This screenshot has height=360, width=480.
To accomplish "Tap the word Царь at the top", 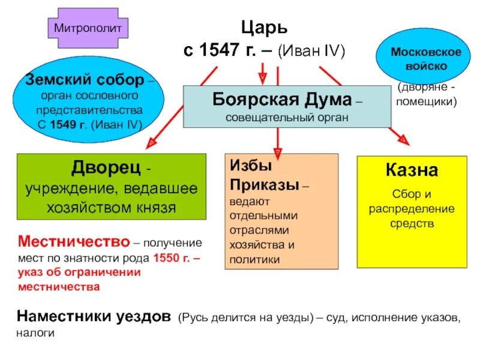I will pos(264,28).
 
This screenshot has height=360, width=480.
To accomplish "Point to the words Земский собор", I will pos(84,79).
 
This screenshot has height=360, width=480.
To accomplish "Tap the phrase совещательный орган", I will pos(287,117).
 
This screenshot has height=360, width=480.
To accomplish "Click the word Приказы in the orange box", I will pos(264,185).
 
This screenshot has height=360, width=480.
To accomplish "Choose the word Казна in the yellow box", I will pos(412,170).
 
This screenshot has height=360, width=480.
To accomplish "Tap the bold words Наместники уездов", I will pos(94,316).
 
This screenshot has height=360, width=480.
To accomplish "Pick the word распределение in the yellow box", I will pos(412,209).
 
